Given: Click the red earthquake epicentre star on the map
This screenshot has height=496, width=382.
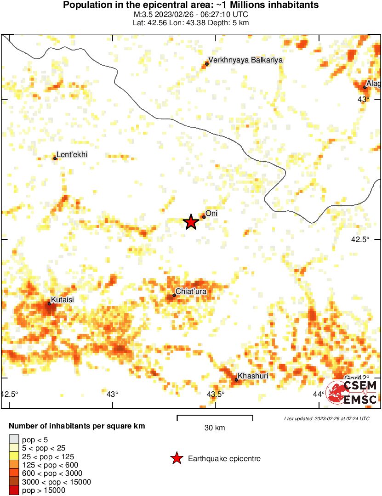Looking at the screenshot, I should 191,222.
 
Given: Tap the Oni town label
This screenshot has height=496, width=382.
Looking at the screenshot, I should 211,214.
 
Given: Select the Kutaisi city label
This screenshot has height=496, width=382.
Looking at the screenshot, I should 62,299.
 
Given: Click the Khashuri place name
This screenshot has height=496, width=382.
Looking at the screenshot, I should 253,376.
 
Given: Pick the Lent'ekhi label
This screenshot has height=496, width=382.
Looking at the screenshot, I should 72,155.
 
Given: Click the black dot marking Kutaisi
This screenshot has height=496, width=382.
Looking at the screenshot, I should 49,304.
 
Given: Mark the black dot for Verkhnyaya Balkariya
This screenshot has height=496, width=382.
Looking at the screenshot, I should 207,64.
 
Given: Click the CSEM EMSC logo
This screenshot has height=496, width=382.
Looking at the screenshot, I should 352,392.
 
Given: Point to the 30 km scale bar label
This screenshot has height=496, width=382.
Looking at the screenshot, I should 215,428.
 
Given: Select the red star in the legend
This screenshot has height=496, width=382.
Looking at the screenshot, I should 176,458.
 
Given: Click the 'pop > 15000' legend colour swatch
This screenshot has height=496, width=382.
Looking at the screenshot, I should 14,490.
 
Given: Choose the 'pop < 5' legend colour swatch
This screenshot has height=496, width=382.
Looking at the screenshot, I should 14,440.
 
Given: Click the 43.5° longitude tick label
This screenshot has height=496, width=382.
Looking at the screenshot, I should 216,395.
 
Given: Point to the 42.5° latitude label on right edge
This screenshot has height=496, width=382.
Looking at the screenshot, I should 360,239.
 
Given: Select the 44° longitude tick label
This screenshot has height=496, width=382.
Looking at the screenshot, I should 319,395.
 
